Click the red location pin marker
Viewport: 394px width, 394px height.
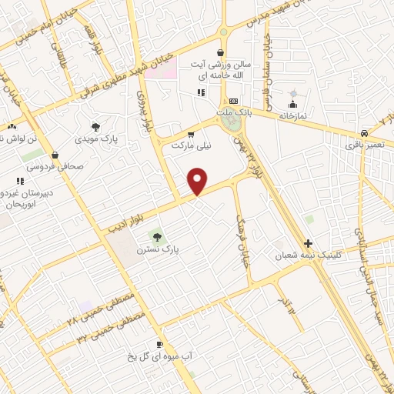(x=198, y=181)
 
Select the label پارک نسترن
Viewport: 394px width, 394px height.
(x=158, y=250)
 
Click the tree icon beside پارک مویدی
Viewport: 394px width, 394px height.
(x=95, y=127)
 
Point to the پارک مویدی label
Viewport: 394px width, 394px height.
(x=95, y=141)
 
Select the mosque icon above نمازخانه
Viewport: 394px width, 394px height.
(x=292, y=102)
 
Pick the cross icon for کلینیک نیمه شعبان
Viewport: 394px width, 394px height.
(x=309, y=242)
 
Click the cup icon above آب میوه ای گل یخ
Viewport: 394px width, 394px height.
(x=159, y=344)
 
